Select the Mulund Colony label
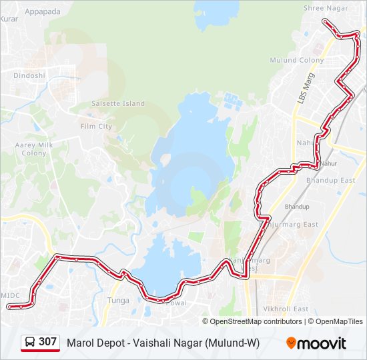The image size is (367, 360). pos(296,60)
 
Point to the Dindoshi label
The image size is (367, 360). pos(29,75)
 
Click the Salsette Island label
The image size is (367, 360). pos(117,104)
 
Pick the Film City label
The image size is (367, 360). pos(96,126)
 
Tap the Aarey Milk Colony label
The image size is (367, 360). pos(34,149)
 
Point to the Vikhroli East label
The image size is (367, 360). pos(286,309)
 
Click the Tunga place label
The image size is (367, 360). pos(118,301)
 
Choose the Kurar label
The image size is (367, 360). pos(9,19)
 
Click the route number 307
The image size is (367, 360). pos(47,342)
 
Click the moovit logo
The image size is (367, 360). pos(316,343)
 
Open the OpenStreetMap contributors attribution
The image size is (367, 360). pos(256,321)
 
